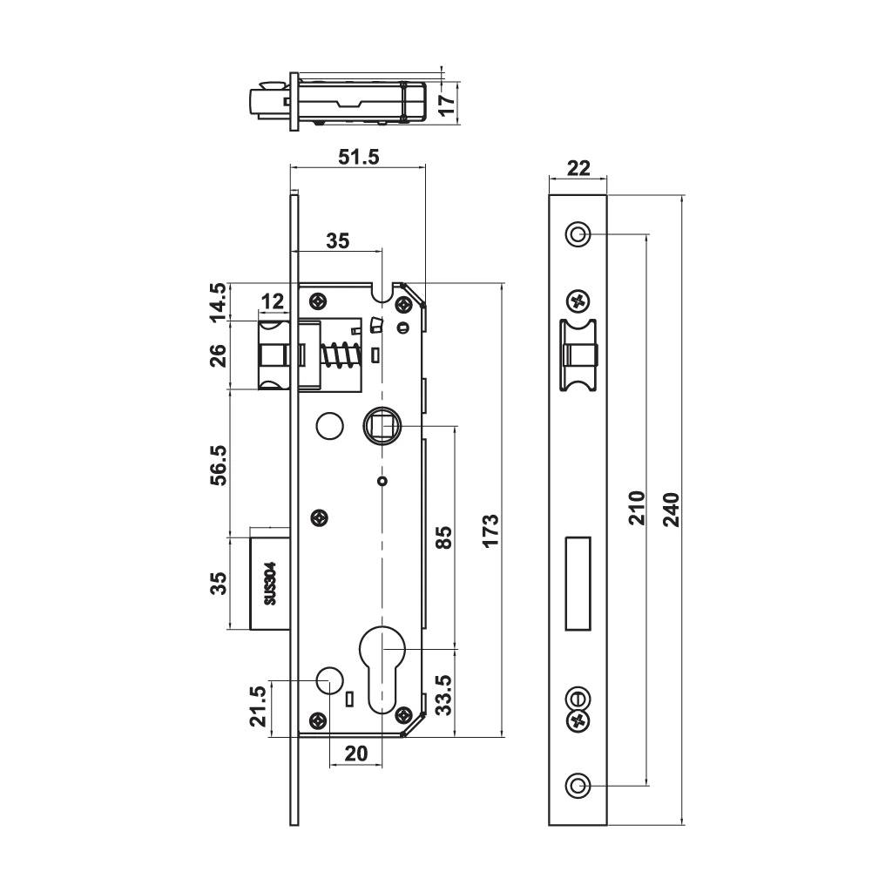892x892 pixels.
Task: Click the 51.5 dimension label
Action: point(358,157)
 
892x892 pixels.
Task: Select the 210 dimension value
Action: point(637,508)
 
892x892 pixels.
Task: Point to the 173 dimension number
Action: point(490,530)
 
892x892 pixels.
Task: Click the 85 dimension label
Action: point(444,537)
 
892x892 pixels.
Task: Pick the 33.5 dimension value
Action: point(444,694)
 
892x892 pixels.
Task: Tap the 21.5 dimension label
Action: point(259,706)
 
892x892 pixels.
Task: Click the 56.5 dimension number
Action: point(219,465)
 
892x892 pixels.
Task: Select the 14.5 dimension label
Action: point(219,302)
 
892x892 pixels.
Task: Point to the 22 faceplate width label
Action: point(578,168)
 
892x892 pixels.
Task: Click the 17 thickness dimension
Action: point(448,104)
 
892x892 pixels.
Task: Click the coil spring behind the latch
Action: point(341,355)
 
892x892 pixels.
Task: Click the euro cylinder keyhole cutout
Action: point(382,669)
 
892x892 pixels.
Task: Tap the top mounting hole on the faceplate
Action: point(578,233)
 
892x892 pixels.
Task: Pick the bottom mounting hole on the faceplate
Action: point(578,786)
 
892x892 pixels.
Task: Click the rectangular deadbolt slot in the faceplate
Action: point(578,584)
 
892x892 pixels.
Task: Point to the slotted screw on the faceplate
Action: point(578,698)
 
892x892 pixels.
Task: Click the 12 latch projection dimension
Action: point(273,301)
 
